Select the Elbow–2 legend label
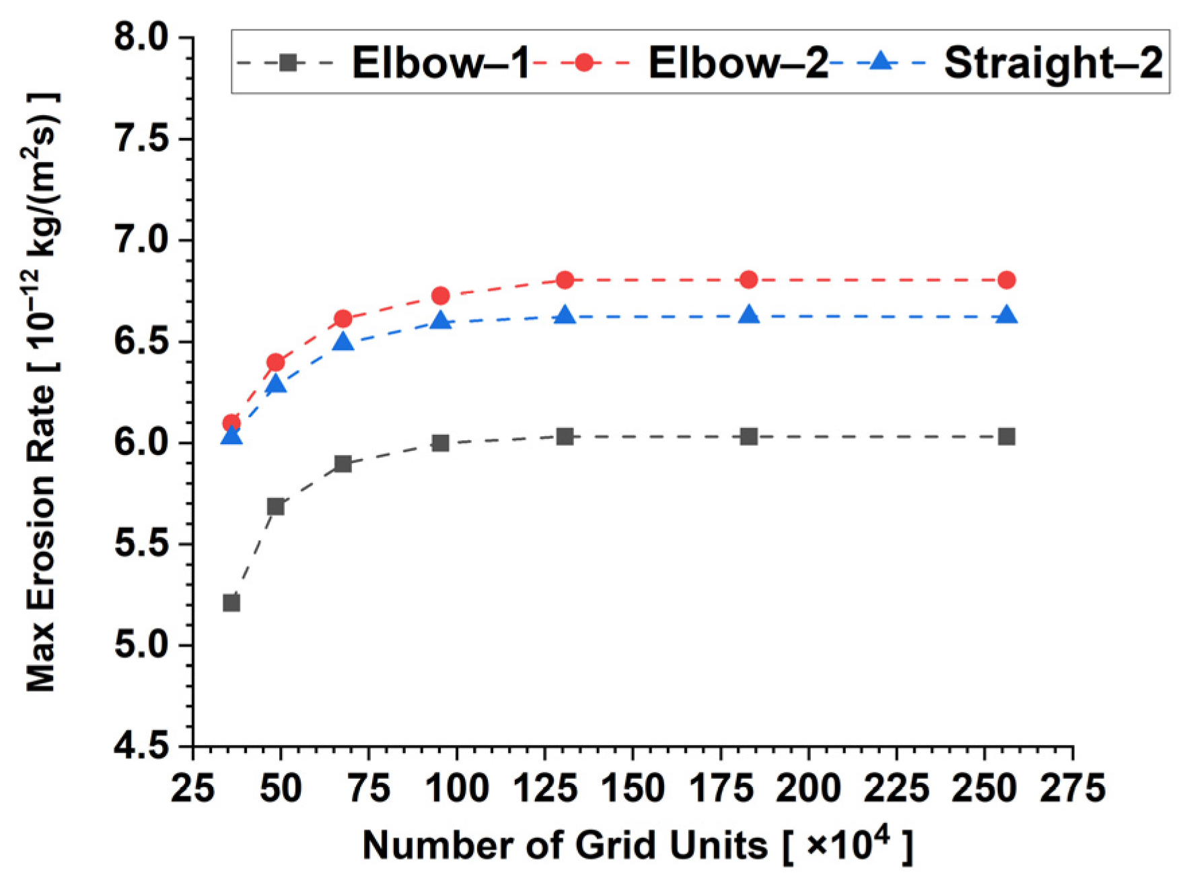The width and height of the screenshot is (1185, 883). click(x=738, y=63)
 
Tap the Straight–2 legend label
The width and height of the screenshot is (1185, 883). click(x=1052, y=63)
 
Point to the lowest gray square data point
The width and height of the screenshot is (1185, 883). click(x=231, y=602)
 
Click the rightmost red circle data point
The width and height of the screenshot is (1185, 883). click(x=1007, y=280)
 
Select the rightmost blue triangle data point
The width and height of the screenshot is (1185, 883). click(x=1007, y=315)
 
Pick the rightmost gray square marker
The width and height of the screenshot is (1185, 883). click(x=1007, y=437)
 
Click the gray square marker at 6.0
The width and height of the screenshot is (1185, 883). click(x=441, y=443)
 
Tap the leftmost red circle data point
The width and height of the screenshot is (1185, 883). click(x=231, y=423)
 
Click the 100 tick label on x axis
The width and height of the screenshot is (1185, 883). click(x=458, y=787)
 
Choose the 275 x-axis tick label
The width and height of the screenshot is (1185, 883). click(x=1073, y=787)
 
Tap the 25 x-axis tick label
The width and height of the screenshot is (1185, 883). click(x=193, y=787)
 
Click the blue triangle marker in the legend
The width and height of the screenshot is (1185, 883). click(x=880, y=63)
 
